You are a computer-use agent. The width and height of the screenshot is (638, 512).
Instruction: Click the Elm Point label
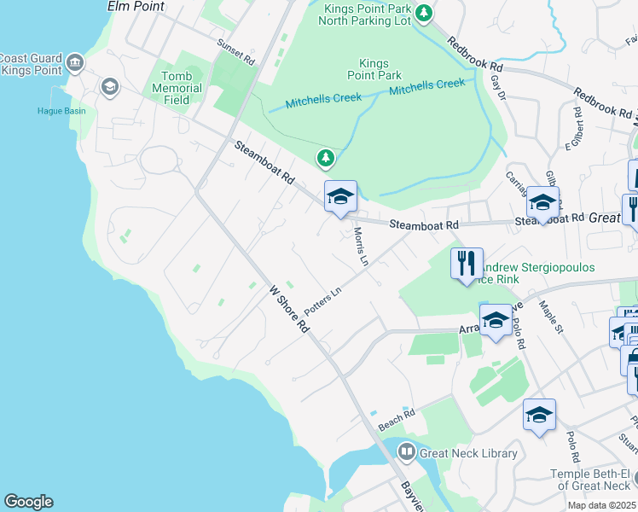pyautogui.click(x=135, y=6)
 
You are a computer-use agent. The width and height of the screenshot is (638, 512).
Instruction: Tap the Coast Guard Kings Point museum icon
pyautogui.click(x=75, y=63)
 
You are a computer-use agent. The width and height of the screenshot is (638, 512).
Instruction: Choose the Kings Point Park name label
pyautogui.click(x=374, y=70)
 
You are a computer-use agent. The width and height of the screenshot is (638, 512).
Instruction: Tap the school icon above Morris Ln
pyautogui.click(x=339, y=197)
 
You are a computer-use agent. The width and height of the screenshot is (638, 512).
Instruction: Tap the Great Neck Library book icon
pyautogui.click(x=407, y=452)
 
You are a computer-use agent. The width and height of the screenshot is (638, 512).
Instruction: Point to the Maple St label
pyautogui.click(x=553, y=314)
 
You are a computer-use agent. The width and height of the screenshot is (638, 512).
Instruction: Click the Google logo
pyautogui.click(x=28, y=502)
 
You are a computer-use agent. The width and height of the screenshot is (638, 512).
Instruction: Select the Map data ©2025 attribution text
pyautogui.click(x=601, y=505)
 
